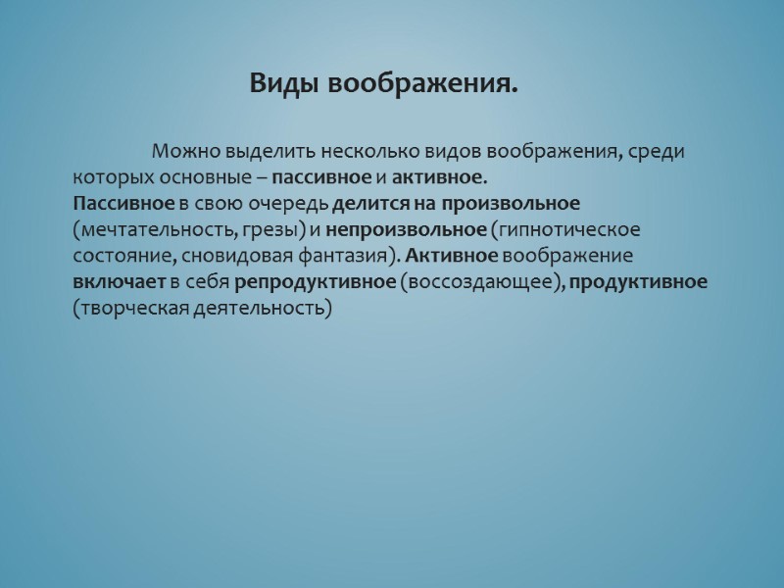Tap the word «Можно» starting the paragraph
(185, 153)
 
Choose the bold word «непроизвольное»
(406, 230)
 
